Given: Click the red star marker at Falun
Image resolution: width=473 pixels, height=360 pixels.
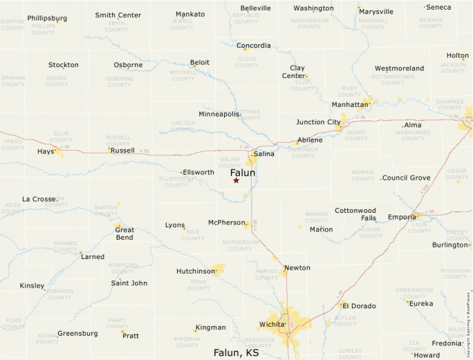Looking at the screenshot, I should (x=236, y=180).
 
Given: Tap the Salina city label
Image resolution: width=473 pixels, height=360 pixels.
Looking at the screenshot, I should (x=263, y=154).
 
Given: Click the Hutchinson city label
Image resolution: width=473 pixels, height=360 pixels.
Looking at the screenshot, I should (x=196, y=272).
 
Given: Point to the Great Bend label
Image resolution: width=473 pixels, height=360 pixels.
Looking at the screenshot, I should (x=124, y=234).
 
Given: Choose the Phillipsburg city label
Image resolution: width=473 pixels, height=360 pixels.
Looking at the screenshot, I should (x=47, y=18).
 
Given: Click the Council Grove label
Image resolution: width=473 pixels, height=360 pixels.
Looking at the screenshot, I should (x=406, y=178).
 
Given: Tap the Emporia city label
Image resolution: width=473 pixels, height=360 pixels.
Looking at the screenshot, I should (x=402, y=216).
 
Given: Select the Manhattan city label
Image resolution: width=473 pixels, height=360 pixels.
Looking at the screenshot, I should (x=350, y=104).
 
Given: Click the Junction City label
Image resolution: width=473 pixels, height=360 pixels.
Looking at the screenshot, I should (x=318, y=122).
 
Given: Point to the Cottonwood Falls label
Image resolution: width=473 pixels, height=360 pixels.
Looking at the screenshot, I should (x=355, y=214).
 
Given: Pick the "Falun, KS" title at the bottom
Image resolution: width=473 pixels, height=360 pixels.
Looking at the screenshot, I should (x=236, y=352).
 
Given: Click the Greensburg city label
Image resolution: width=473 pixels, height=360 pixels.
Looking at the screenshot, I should (x=77, y=333).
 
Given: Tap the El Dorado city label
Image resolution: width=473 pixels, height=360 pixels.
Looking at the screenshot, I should (x=358, y=305).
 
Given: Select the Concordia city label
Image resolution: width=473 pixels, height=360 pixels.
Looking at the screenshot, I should (x=253, y=46).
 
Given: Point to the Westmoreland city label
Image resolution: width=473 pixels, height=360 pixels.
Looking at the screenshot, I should (x=399, y=68).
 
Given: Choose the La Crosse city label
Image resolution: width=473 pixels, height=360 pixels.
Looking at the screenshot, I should (x=39, y=199).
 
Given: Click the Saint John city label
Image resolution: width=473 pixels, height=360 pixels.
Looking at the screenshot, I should (x=129, y=283).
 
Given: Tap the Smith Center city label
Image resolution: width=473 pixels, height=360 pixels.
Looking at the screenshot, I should (x=118, y=15).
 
